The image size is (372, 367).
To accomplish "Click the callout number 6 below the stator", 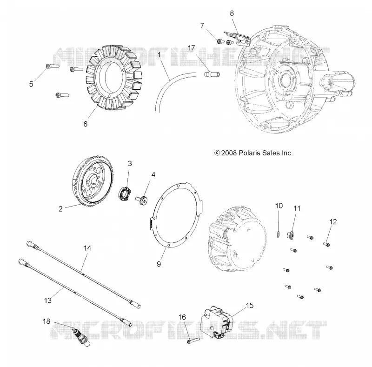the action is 85,124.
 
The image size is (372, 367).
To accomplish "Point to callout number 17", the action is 191,48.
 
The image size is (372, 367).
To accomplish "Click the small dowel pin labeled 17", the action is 212,74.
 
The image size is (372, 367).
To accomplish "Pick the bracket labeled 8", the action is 237,39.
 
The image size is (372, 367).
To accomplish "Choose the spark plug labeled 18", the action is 82,336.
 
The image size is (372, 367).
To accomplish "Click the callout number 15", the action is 250,305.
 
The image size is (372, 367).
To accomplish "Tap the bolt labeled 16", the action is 192,340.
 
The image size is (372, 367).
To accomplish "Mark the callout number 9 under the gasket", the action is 159,264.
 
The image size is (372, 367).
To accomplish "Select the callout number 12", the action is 333,222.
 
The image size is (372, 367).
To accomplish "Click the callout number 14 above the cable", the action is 87,248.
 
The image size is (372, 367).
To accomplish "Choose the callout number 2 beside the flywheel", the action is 60,209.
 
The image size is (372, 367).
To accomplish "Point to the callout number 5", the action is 31,84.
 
